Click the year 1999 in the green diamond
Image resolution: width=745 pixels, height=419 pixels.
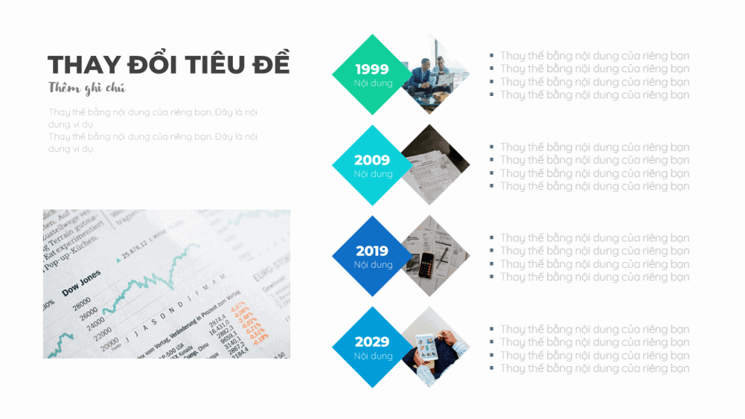[x=372, y=69]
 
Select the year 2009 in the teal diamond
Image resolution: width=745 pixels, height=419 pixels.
[x=372, y=160]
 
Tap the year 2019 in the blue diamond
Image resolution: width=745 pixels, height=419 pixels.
[x=372, y=251]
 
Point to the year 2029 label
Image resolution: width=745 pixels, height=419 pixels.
[x=372, y=342]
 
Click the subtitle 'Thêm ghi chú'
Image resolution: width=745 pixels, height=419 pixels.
[x=87, y=89]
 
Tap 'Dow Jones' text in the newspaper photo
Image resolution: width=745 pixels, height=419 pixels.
[x=81, y=283]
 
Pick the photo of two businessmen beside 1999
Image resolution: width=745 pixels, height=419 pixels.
[x=433, y=73]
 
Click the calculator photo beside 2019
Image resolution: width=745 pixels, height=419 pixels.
[x=434, y=256]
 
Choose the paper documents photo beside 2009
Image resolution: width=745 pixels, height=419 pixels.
[x=434, y=165]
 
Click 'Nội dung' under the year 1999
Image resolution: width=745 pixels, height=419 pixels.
[x=373, y=83]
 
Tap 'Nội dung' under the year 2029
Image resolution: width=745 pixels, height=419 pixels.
[x=373, y=356]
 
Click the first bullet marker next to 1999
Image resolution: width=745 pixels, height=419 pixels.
[x=492, y=55]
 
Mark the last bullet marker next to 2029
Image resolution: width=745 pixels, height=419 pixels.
[x=492, y=368]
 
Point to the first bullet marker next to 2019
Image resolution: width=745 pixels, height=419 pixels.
[x=492, y=238]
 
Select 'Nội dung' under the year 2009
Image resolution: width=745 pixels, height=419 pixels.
[x=373, y=174]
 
